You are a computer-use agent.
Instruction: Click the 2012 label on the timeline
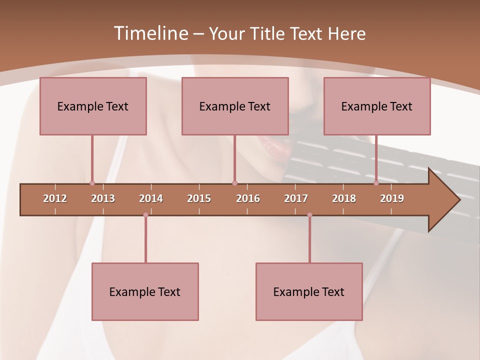[55, 198]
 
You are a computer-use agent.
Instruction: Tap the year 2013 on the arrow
[103, 198]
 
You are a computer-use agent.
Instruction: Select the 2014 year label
[151, 198]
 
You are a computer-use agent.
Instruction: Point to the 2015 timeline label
[199, 198]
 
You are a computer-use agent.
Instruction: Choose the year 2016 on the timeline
[248, 198]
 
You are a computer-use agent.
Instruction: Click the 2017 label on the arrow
[296, 198]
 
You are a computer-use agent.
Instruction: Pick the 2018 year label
[344, 198]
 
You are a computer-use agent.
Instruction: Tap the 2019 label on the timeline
[392, 198]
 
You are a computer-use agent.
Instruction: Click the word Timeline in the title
[149, 33]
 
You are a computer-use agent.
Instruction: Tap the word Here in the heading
[346, 33]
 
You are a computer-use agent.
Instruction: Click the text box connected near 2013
[93, 106]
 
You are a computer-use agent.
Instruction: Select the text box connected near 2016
[235, 106]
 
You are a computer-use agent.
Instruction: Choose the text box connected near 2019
[377, 106]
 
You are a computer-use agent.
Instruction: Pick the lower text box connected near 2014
[145, 291]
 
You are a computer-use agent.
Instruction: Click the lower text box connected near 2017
[309, 291]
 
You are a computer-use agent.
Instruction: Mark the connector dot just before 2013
[92, 183]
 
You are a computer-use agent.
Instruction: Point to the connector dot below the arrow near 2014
[145, 215]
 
